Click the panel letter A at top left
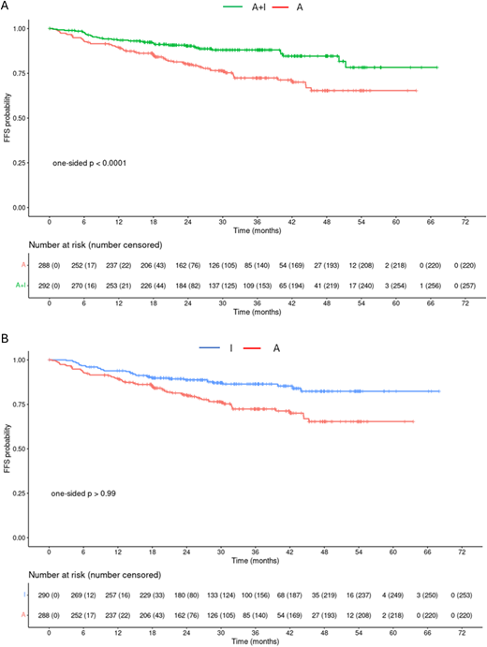(x=7, y=7)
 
